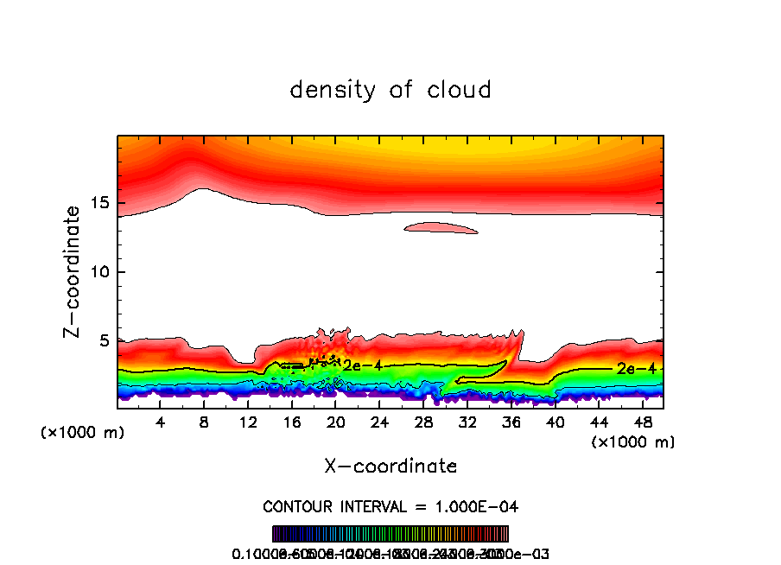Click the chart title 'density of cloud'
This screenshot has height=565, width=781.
click(x=390, y=90)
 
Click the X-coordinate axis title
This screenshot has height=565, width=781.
click(x=390, y=466)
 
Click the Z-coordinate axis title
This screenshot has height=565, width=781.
click(x=73, y=271)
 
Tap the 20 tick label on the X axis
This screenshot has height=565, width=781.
click(x=336, y=422)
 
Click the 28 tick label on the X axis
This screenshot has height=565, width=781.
click(x=423, y=422)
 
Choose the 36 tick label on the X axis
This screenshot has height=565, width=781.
click(x=511, y=422)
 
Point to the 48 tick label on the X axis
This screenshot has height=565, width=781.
click(x=642, y=422)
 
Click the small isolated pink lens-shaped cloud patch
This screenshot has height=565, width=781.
click(x=441, y=228)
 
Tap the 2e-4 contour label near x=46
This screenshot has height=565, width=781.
click(x=636, y=368)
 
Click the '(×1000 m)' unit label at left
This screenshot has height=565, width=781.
click(x=83, y=432)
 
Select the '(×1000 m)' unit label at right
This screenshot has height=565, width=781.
click(x=632, y=441)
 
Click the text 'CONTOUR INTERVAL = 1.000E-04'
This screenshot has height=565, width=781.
click(x=390, y=505)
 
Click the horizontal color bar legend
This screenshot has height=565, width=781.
click(x=390, y=533)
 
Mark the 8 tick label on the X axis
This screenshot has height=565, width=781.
click(x=204, y=422)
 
